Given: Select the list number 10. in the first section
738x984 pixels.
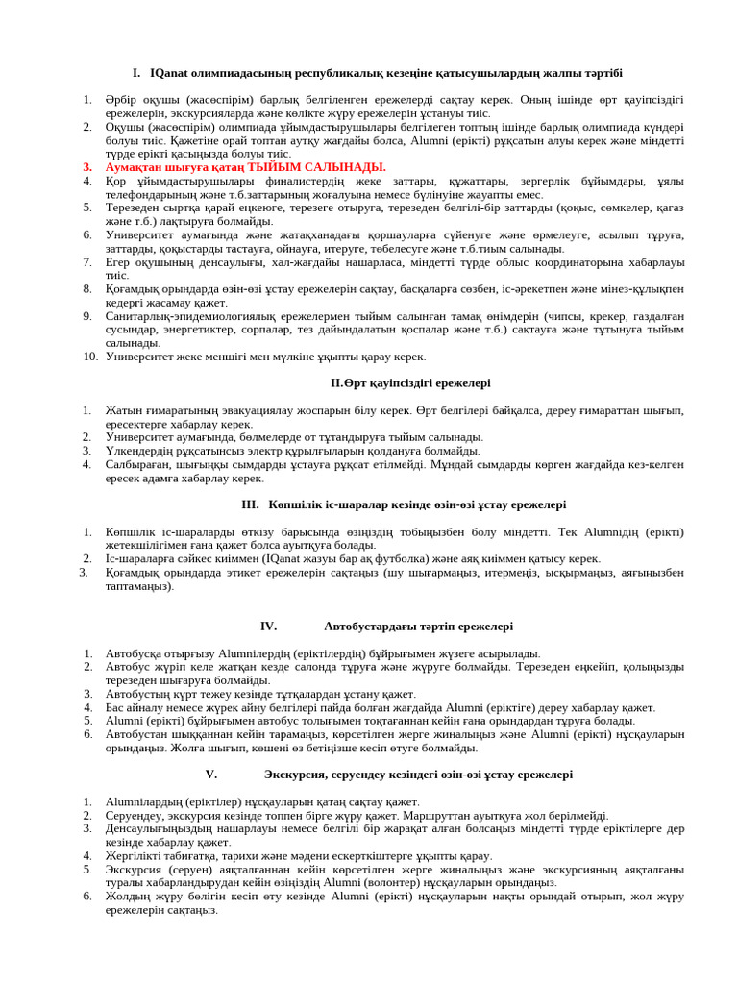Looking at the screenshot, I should (89, 357).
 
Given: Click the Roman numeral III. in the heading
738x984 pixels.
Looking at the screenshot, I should (251, 504).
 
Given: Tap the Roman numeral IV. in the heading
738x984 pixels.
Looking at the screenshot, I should (268, 627).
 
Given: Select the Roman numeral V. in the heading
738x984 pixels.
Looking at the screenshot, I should (211, 774).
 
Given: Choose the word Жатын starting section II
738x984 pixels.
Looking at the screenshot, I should (124, 410).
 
